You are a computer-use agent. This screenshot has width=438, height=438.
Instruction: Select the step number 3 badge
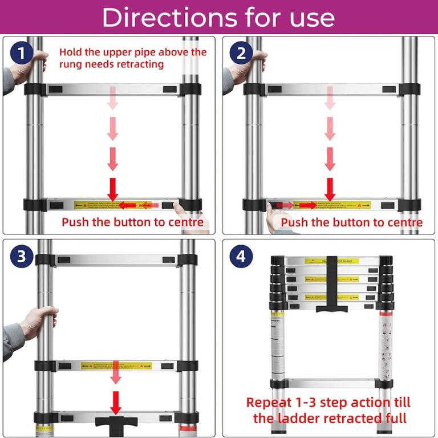22,256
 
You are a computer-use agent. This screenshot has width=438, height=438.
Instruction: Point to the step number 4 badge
241,256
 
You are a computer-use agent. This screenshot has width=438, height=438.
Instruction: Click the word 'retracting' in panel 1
136,64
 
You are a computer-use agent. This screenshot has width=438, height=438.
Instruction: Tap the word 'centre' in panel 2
402,222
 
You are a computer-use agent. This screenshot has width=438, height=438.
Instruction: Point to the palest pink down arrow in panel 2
330,100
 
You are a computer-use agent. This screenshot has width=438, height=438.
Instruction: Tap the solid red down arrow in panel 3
116,403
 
